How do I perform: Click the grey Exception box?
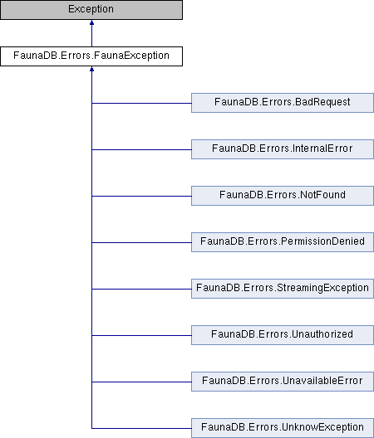tap(91, 10)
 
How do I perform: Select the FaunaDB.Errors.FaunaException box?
tap(91, 56)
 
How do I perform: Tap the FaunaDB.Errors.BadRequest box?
tap(283, 103)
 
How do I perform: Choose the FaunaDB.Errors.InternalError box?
tap(283, 149)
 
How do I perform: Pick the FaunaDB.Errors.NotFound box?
tap(283, 196)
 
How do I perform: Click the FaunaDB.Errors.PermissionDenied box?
tap(283, 242)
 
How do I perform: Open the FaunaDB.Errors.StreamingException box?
tap(283, 289)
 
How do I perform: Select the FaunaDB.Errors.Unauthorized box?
tap(283, 335)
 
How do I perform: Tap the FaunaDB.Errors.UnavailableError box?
tap(283, 382)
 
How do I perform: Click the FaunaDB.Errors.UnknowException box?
tap(283, 428)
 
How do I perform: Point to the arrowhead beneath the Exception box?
tap(91, 22)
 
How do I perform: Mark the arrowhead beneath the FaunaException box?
tap(91, 69)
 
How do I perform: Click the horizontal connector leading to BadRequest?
tap(141, 103)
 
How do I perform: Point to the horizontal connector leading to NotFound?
tap(141, 196)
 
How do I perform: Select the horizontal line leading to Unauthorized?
tap(141, 335)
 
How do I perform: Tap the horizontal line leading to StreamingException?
tap(141, 289)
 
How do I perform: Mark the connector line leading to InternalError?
tap(141, 149)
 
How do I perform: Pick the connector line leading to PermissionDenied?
tap(141, 242)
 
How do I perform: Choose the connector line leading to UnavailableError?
tap(141, 382)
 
